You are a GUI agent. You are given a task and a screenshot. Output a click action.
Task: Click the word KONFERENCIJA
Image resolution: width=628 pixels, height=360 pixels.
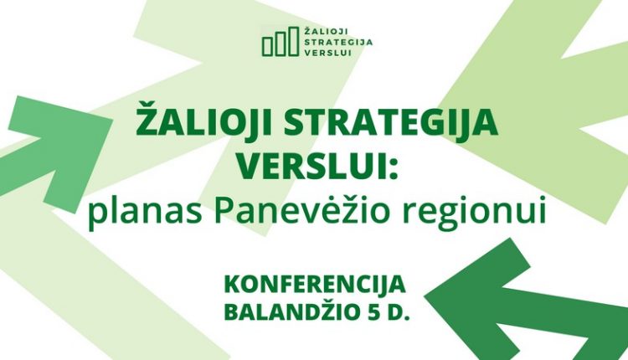pyautogui.click(x=315, y=285)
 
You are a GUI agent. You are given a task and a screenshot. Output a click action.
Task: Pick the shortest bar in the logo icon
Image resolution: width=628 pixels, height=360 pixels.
pyautogui.click(x=268, y=46)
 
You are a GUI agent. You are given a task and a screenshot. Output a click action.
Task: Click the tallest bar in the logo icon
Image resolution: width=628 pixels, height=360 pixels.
pyautogui.click(x=294, y=41)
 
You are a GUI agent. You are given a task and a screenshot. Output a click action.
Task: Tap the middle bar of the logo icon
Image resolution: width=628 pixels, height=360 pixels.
pyautogui.click(x=281, y=44)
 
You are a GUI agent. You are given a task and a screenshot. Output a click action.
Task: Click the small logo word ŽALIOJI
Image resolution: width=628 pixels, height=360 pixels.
pyautogui.click(x=325, y=32)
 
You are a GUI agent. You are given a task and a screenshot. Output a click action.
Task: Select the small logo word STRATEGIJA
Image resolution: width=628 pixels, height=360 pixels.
pyautogui.click(x=339, y=42)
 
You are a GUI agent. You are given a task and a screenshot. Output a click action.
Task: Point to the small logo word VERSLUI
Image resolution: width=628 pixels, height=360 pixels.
pyautogui.click(x=327, y=53)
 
